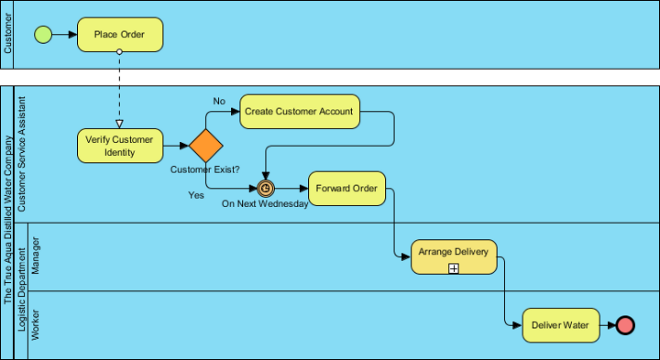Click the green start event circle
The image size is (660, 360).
click(43, 35)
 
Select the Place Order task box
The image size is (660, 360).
click(120, 35)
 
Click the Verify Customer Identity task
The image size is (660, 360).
click(119, 146)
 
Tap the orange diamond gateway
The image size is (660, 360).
click(206, 146)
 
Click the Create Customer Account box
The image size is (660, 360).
click(299, 111)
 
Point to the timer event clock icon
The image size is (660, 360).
click(266, 189)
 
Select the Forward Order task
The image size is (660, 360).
click(346, 189)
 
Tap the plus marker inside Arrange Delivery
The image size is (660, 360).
click(454, 267)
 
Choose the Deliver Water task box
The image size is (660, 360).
click(562, 325)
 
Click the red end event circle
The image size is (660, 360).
click(625, 325)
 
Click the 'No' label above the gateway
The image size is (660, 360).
click(219, 101)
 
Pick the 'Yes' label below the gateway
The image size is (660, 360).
click(196, 195)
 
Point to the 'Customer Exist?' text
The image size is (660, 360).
click(205, 169)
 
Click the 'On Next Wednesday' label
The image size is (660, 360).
click(265, 204)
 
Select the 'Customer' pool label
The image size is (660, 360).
click(8, 35)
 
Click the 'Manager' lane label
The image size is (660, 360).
click(37, 256)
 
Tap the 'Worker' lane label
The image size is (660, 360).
click(37, 325)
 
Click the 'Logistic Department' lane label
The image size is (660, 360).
click(22, 290)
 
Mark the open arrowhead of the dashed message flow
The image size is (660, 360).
click(120, 123)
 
